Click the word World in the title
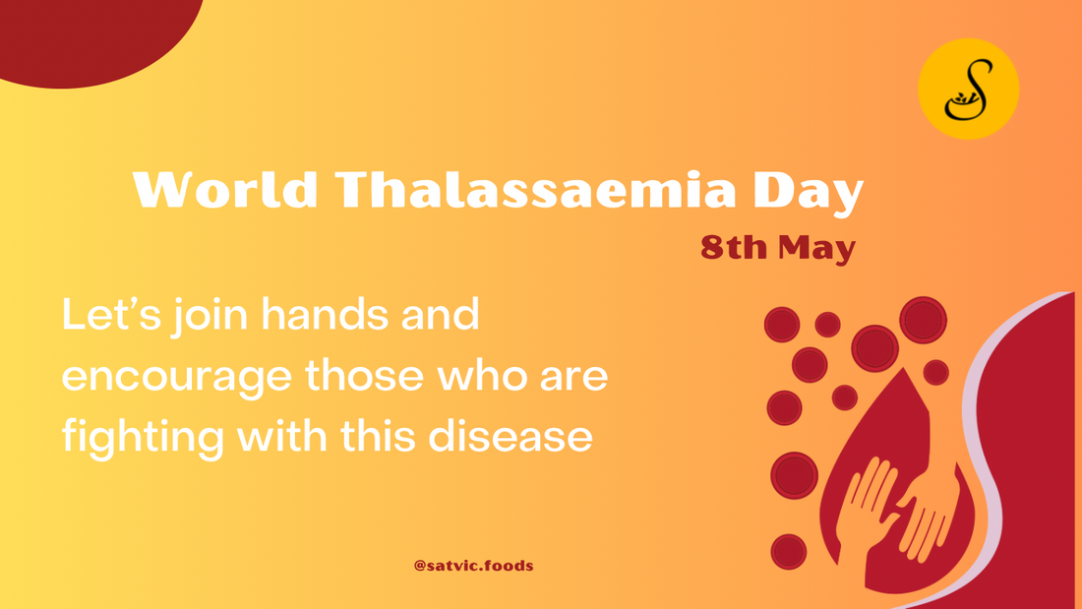pyautogui.click(x=225, y=189)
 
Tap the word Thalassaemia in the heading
pyautogui.click(x=535, y=189)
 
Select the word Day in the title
pyautogui.click(x=808, y=193)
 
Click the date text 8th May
pyautogui.click(x=778, y=247)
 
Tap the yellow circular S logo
pyautogui.click(x=968, y=90)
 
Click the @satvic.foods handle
pyautogui.click(x=473, y=566)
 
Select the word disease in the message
pyautogui.click(x=511, y=436)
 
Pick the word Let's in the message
pyautogui.click(x=112, y=315)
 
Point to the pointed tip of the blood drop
pyautogui.click(x=903, y=369)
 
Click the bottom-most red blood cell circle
pyautogui.click(x=789, y=552)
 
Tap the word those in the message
pyautogui.click(x=364, y=376)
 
